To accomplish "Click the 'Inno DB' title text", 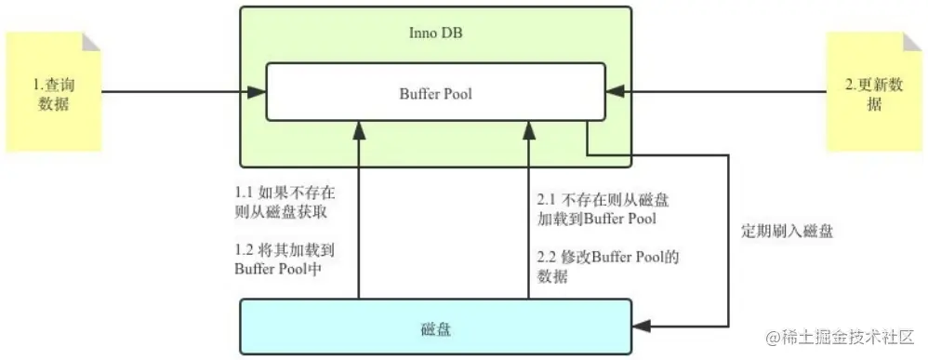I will click(436, 34).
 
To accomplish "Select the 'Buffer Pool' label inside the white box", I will click(436, 93).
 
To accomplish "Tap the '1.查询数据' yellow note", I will click(53, 94).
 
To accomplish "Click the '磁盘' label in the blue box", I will click(436, 327).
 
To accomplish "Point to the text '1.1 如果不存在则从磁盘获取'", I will click(285, 203).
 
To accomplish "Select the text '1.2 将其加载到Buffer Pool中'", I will click(285, 260).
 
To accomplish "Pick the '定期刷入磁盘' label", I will click(786, 231).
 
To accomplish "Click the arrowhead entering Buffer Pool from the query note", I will click(259, 92).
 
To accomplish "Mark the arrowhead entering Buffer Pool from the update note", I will click(613, 92).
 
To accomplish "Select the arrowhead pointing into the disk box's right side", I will click(642, 327).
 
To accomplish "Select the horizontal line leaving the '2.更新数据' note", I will click(725, 92).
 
